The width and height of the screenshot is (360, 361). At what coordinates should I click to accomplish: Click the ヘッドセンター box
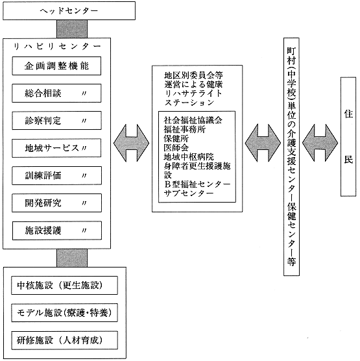(x=69, y=11)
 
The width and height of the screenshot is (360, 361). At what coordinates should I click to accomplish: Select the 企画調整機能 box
(x=56, y=66)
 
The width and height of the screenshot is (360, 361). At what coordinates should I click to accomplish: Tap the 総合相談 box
(x=56, y=93)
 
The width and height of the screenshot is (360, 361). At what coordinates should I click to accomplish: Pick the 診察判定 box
(x=56, y=121)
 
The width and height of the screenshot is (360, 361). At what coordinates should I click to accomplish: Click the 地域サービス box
(x=56, y=148)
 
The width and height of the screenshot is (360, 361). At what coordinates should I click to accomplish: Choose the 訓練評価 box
(x=56, y=175)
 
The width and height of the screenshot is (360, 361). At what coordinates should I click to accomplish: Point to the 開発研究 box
(x=56, y=203)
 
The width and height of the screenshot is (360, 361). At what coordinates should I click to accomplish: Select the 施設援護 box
(x=57, y=230)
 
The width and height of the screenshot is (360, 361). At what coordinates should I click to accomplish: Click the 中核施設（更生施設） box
(x=64, y=286)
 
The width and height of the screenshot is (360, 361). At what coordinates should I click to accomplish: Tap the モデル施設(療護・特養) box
(x=64, y=313)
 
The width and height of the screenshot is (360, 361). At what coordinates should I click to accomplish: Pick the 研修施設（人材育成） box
(x=64, y=340)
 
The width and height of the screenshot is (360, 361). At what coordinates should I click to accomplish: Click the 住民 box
(x=348, y=136)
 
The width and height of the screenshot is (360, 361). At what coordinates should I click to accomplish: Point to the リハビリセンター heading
(x=57, y=47)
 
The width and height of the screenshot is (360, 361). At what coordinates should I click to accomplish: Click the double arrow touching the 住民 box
(x=320, y=143)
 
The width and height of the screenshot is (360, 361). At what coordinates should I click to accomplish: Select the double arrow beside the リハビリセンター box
(x=131, y=143)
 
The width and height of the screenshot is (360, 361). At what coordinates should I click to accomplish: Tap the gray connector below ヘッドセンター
(x=72, y=29)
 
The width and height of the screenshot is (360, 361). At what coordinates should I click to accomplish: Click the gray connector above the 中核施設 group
(x=72, y=258)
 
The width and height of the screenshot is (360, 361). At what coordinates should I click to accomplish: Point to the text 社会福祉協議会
(x=193, y=120)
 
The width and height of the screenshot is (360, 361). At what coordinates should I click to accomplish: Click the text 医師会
(x=176, y=147)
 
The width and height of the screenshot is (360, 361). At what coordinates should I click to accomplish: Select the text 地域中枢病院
(x=189, y=156)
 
